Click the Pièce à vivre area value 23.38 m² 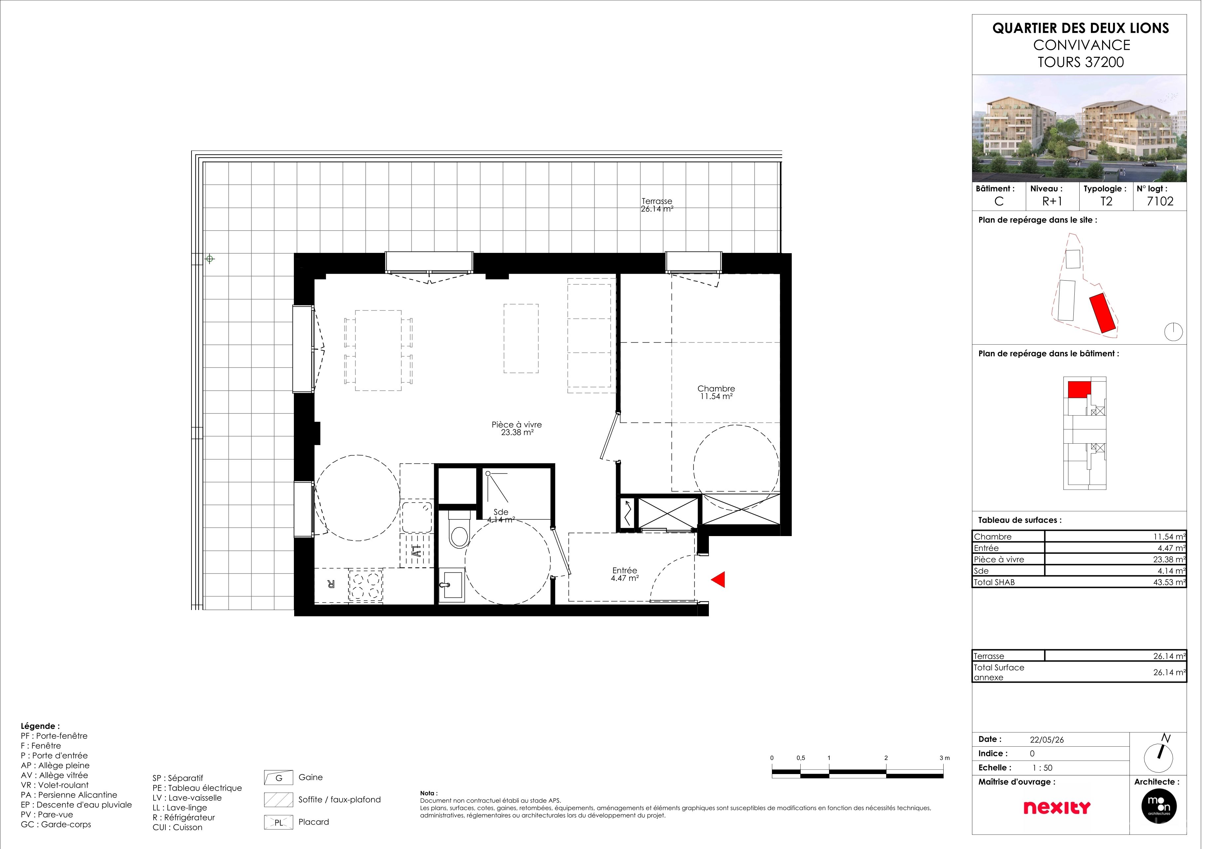pyautogui.click(x=523, y=437)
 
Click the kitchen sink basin pyautogui.click(x=422, y=523)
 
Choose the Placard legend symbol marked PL pyautogui.click(x=282, y=832)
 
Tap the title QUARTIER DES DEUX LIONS pyautogui.click(x=1093, y=29)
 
